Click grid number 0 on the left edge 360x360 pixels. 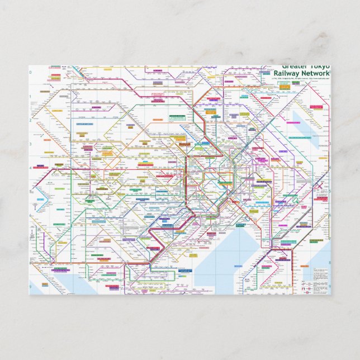(x=31, y=73)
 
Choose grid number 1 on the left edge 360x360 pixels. (x=31, y=96)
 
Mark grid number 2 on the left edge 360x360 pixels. (x=31, y=120)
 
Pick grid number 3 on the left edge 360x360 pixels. (x=31, y=144)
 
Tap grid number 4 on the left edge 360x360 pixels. (x=31, y=168)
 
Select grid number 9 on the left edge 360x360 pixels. (x=31, y=286)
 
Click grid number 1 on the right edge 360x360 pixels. (x=329, y=96)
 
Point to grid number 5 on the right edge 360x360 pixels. (x=329, y=191)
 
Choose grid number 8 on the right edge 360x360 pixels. (x=329, y=263)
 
